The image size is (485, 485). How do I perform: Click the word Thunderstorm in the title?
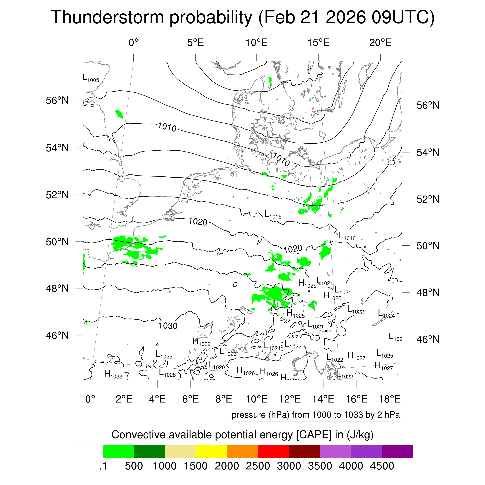[x=107, y=17]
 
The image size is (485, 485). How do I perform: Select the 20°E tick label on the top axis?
[x=380, y=43]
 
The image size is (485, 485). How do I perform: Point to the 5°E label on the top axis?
[x=195, y=43]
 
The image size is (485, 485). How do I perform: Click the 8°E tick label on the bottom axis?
[x=224, y=399]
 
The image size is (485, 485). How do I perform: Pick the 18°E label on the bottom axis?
[x=390, y=399]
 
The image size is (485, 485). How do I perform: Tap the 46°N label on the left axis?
[x=57, y=335]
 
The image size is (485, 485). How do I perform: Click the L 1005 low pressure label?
[x=91, y=78]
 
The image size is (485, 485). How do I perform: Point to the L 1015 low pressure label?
[x=273, y=215]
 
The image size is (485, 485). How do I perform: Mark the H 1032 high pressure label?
[x=202, y=342]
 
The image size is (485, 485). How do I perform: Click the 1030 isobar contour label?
[x=168, y=326]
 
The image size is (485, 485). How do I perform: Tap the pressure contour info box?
[x=316, y=415]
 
